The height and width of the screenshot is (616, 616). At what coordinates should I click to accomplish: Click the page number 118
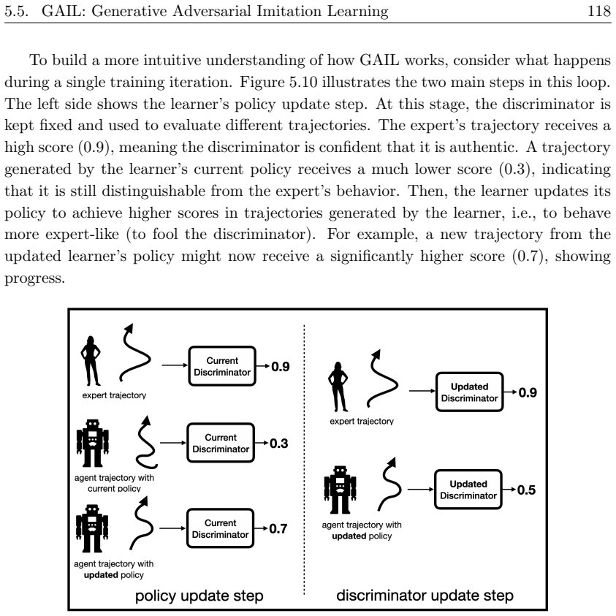point(599,11)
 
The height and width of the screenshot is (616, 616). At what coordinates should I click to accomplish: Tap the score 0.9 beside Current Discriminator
point(281,367)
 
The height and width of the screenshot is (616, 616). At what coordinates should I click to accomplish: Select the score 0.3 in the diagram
point(279,444)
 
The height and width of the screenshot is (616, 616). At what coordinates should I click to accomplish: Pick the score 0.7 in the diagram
point(278,529)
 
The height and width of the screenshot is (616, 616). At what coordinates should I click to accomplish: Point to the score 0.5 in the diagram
point(526,490)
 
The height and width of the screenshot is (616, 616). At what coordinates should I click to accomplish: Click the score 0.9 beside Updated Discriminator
point(528,392)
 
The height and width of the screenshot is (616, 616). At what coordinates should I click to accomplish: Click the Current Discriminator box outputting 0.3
point(221,443)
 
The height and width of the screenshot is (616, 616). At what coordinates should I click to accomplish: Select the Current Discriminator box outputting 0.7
point(221,528)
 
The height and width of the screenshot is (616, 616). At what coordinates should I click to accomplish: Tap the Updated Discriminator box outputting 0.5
point(468,490)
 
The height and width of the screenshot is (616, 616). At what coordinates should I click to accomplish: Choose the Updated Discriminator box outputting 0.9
point(469,392)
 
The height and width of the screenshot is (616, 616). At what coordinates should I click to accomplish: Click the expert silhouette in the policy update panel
point(91,361)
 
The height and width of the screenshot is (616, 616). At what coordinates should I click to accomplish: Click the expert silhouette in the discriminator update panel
point(338,387)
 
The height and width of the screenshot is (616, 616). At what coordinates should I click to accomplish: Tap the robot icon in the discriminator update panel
point(341,490)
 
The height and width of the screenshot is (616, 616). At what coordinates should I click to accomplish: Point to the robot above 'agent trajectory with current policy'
point(93,443)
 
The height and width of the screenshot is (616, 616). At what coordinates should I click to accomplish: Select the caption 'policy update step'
point(199,596)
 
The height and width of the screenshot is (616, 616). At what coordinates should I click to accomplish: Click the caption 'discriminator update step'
point(425,596)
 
